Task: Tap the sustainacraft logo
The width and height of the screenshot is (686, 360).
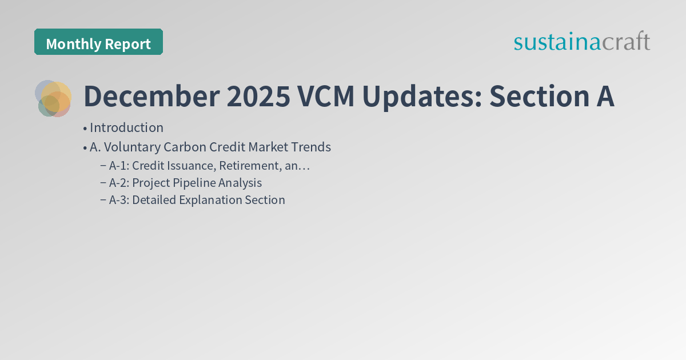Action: (581, 42)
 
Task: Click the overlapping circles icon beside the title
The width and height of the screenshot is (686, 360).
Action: (53, 98)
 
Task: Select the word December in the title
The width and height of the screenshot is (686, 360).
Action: (151, 97)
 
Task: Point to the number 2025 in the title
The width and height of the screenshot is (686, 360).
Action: (258, 97)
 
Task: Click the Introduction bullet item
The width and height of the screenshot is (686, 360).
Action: (126, 127)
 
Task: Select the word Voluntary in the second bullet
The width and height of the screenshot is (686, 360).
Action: (124, 147)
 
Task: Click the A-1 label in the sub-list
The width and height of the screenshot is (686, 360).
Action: (118, 166)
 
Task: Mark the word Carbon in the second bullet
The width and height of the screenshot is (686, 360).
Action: (186, 147)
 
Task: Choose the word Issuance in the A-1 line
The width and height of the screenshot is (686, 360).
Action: (193, 166)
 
